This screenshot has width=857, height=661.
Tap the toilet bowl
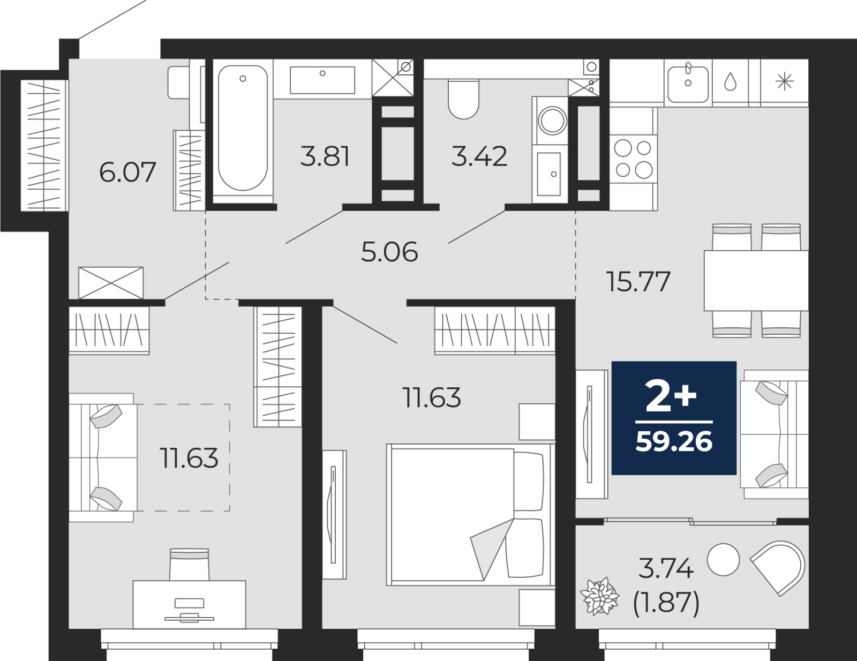click(463, 99)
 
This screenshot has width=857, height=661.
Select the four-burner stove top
click(634, 159)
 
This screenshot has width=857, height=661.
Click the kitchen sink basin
click(688, 84)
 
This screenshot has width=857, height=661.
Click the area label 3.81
click(325, 156)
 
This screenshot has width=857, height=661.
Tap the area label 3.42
click(479, 156)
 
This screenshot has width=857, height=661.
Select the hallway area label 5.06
click(389, 252)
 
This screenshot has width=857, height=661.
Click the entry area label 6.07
click(127, 172)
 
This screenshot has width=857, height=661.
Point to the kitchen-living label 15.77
click(639, 282)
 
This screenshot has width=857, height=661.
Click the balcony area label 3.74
click(666, 569)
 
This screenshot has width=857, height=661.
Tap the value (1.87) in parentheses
click(666, 603)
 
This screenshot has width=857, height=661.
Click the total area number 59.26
click(674, 441)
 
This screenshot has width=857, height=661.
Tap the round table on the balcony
click(723, 559)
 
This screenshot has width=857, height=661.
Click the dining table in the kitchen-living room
click(756, 280)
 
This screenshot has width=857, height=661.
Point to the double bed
click(470, 514)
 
